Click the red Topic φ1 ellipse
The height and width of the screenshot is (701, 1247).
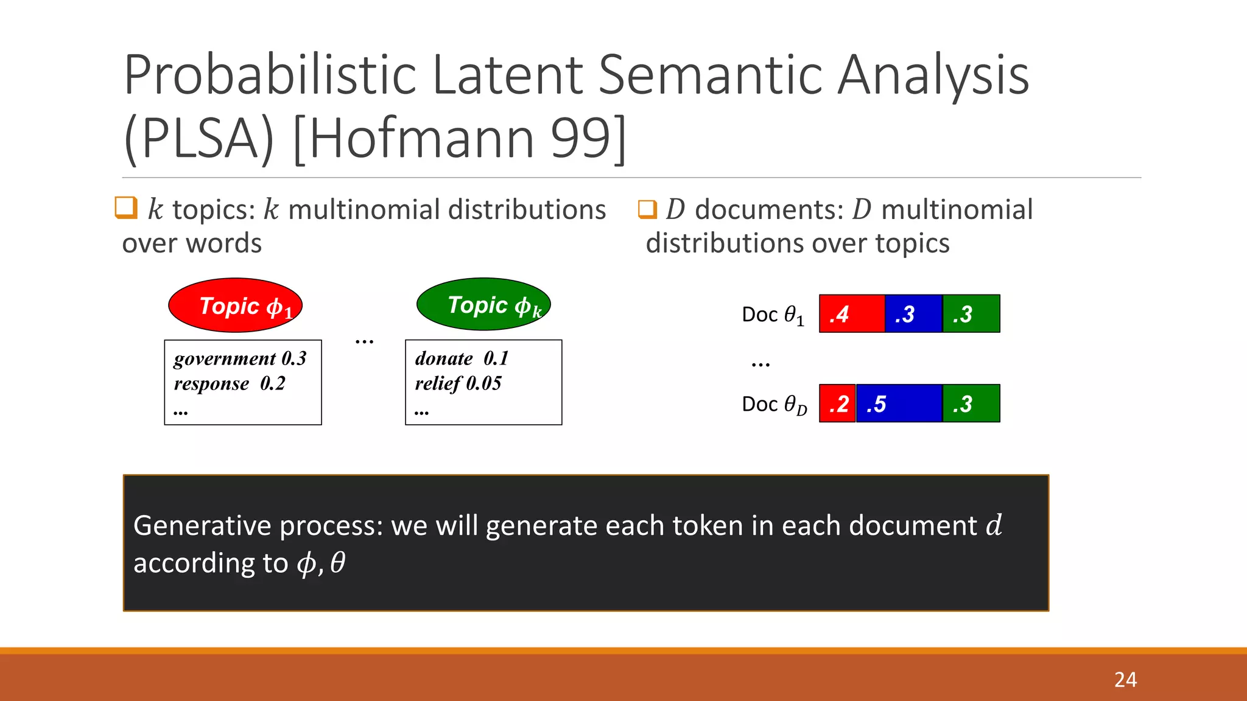(235, 305)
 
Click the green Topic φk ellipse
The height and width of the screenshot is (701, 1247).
(483, 304)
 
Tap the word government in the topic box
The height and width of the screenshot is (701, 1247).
(225, 359)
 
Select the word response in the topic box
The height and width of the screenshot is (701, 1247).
(211, 384)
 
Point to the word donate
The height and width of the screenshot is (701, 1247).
(444, 359)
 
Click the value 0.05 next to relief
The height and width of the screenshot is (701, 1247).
(484, 383)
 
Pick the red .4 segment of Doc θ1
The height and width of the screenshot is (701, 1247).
(851, 314)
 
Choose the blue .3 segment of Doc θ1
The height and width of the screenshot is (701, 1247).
(913, 314)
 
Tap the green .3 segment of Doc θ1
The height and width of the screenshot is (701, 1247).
(971, 314)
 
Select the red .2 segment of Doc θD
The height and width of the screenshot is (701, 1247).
(837, 403)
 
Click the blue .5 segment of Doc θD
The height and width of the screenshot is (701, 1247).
(899, 403)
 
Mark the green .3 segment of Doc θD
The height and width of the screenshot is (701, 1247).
(971, 403)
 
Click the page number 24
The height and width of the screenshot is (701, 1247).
(1125, 679)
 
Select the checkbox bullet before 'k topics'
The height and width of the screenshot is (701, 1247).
(126, 208)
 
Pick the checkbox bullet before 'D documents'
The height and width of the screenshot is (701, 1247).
(647, 209)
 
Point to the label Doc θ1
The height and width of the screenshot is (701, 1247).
(773, 315)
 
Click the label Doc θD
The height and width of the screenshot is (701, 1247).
(774, 405)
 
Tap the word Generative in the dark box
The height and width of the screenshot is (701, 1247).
(202, 526)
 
